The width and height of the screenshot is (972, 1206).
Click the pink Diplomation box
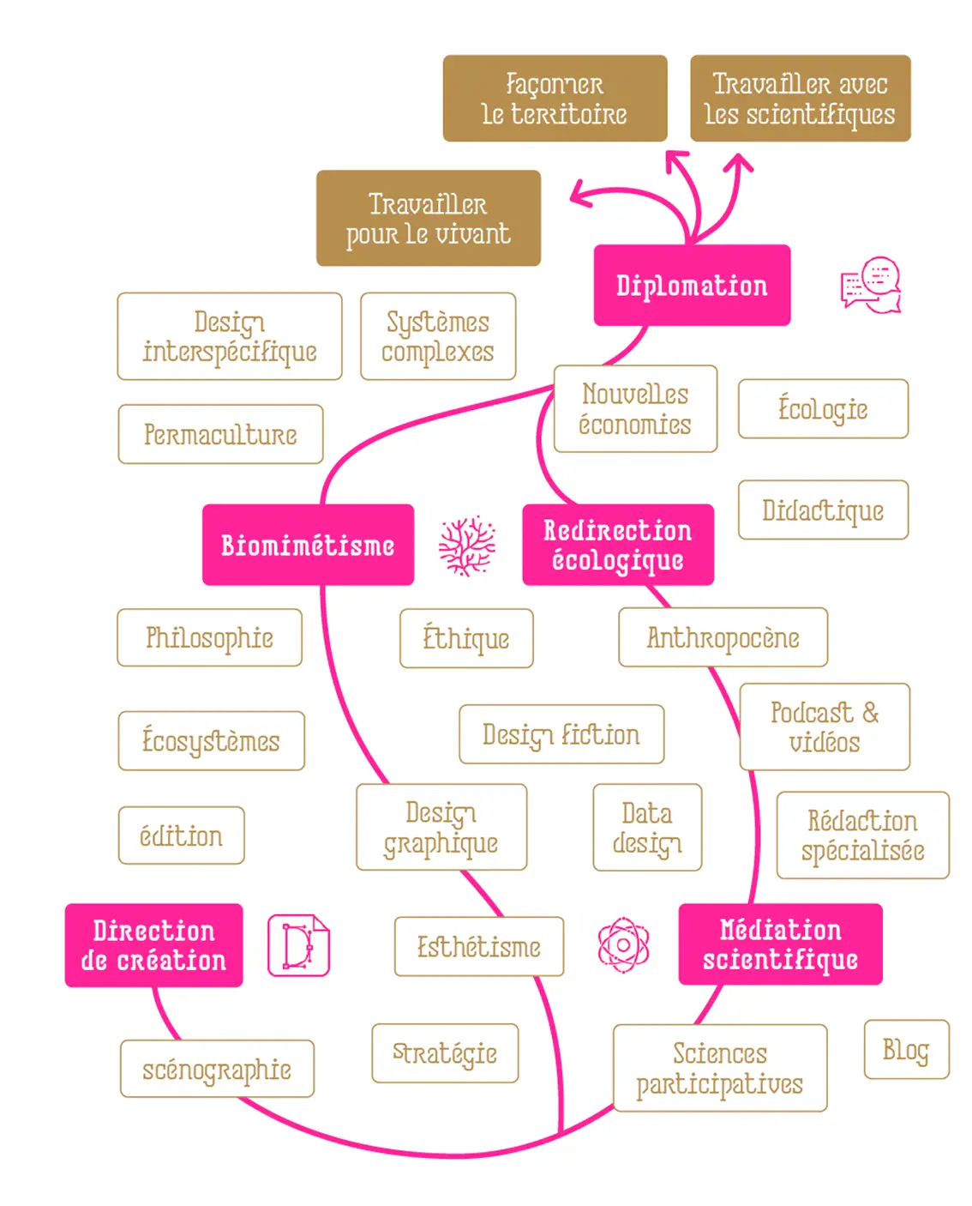692,286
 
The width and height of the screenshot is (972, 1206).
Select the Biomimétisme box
308,545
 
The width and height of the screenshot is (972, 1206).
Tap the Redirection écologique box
617,545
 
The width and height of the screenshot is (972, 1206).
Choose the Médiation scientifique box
780,944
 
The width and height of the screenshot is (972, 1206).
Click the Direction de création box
153,945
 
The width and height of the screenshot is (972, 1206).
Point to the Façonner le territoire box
555,99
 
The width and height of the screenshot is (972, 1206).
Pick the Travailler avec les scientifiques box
800,99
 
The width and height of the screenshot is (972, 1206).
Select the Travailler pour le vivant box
428,218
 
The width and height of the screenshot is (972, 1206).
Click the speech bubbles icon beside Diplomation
871,286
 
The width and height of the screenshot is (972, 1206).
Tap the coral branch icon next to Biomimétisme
467,546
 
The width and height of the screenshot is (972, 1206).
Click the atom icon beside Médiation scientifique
623,945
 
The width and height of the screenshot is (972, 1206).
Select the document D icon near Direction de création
298,945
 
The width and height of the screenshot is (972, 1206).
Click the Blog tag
906,1049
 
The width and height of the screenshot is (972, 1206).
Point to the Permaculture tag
220,434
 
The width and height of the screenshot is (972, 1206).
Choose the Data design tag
647,828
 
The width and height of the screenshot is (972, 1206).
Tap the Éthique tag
466,638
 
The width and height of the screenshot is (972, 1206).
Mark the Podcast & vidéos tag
825,727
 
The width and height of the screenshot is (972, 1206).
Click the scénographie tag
217,1069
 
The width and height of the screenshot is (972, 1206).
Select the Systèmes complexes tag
438,336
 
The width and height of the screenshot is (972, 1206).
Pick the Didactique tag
823,510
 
